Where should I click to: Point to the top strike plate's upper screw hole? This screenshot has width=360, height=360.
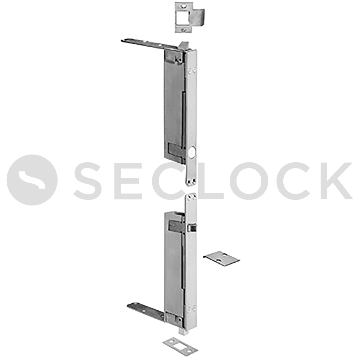(183, 6)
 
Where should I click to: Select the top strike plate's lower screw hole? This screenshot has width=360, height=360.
(183, 30)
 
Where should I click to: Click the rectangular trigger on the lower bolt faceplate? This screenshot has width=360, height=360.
(192, 228)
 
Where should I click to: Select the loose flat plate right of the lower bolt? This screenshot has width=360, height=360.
(221, 258)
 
